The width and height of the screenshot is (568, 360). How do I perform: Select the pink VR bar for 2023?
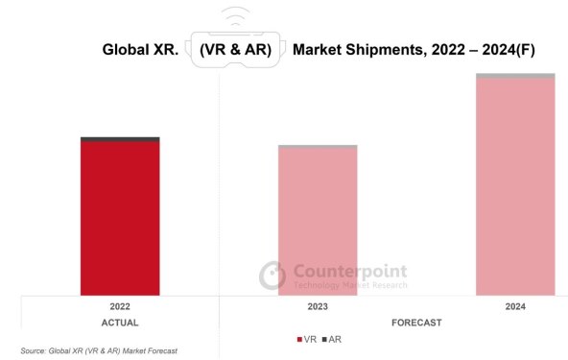(318, 222)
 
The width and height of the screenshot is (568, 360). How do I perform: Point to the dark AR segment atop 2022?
(120, 139)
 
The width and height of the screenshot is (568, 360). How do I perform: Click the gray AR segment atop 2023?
(318, 147)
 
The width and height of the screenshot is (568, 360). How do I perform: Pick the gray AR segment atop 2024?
(515, 75)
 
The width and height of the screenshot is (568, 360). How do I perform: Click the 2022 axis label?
(120, 306)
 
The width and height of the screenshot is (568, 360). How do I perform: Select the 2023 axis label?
(318, 306)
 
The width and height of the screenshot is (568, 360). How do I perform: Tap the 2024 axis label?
(515, 306)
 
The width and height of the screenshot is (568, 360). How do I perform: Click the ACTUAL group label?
(120, 323)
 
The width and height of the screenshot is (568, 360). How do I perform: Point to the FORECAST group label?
(416, 323)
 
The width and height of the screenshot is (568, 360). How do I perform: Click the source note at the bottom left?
(99, 351)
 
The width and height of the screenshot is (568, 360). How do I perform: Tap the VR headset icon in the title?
(236, 50)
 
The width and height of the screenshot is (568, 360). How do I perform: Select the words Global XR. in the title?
(140, 49)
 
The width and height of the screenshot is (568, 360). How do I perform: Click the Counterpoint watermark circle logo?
(272, 276)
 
